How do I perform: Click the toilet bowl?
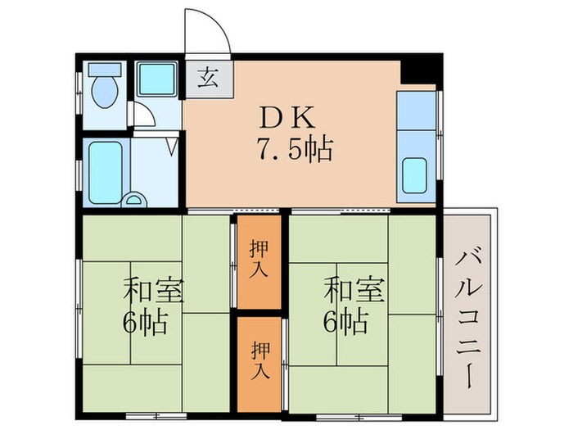(104, 93)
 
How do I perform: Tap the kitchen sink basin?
(415, 174)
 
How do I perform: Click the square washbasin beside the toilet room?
(155, 79)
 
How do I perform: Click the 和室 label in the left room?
(153, 289)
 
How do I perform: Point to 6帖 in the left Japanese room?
(146, 320)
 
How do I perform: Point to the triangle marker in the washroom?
(173, 147)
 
